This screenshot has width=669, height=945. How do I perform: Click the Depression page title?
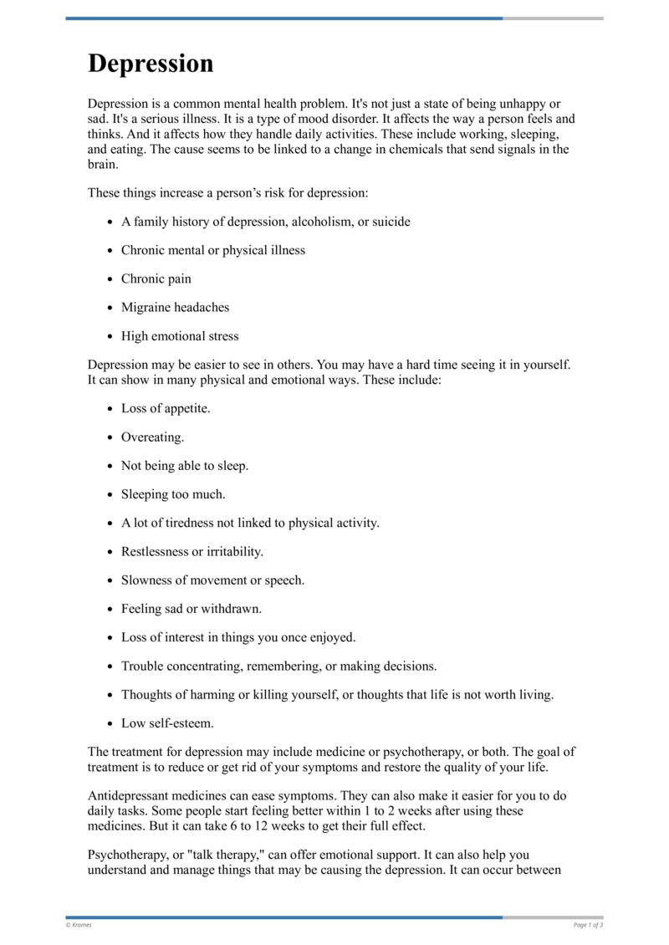[151, 64]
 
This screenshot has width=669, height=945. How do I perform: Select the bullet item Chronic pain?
[156, 278]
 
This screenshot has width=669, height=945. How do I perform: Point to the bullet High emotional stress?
[180, 336]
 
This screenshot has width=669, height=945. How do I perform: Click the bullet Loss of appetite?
[166, 408]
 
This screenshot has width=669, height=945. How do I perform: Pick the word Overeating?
[151, 437]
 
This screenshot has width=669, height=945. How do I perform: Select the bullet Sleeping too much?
[173, 494]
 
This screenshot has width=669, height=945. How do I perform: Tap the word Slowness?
[144, 580]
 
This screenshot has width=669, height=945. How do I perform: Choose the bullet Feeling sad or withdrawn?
[191, 609]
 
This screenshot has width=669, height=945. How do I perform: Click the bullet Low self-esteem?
[167, 723]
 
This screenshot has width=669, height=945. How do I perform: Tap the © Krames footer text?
[79, 925]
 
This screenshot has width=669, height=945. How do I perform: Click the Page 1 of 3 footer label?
[588, 925]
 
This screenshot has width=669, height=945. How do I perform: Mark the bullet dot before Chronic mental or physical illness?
[110, 251]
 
